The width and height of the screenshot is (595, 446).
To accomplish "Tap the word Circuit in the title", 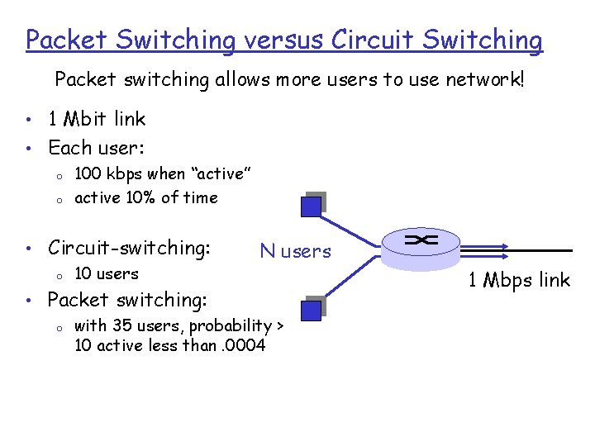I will pyautogui.click(x=361, y=40).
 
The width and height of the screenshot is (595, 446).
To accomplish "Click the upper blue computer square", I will pyautogui.click(x=311, y=206).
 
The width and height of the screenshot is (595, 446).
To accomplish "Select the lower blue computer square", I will pyautogui.click(x=311, y=310).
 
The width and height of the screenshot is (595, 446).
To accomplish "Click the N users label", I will pyautogui.click(x=295, y=251).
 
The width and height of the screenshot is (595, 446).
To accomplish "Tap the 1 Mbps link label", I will pyautogui.click(x=519, y=280).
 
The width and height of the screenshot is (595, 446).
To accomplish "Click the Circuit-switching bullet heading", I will pyautogui.click(x=129, y=247).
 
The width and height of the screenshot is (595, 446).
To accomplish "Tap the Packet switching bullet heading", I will pyautogui.click(x=127, y=299).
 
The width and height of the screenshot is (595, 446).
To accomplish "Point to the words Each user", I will pyautogui.click(x=96, y=148).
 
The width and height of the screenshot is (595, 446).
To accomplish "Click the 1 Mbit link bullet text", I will pyautogui.click(x=97, y=119).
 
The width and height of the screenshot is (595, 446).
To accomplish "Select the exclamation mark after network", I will pyautogui.click(x=521, y=80).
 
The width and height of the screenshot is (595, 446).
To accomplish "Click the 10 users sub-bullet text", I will pyautogui.click(x=107, y=273).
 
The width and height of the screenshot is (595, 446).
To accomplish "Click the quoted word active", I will pyautogui.click(x=221, y=174).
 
